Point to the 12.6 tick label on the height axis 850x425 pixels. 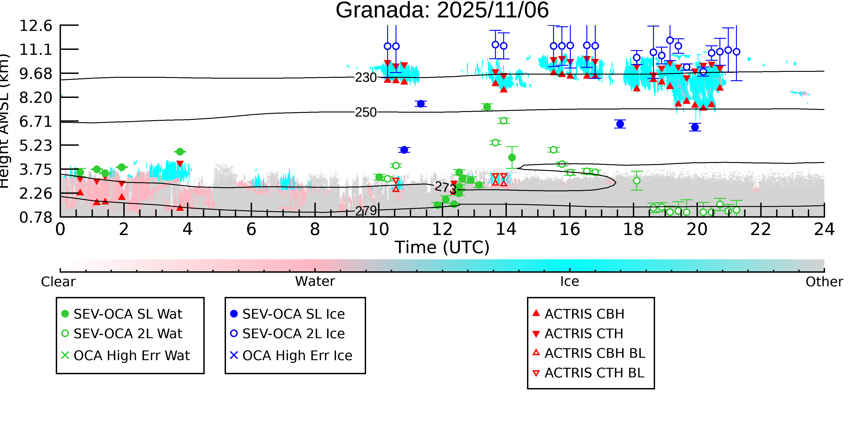click(x=36, y=26)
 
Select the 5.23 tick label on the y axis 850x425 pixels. click(x=36, y=146)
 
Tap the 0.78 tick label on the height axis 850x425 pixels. click(x=36, y=217)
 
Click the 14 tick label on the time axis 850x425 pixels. click(x=506, y=229)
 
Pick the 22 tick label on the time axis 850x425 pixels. click(x=760, y=229)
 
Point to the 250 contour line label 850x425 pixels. click(x=366, y=112)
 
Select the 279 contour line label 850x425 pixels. click(x=366, y=211)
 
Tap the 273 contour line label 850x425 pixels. click(x=445, y=188)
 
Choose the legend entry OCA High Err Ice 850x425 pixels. click(x=297, y=356)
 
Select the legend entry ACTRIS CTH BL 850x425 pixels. click(x=594, y=373)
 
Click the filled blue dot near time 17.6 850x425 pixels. click(x=620, y=124)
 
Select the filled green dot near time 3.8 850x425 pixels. click(x=180, y=152)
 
